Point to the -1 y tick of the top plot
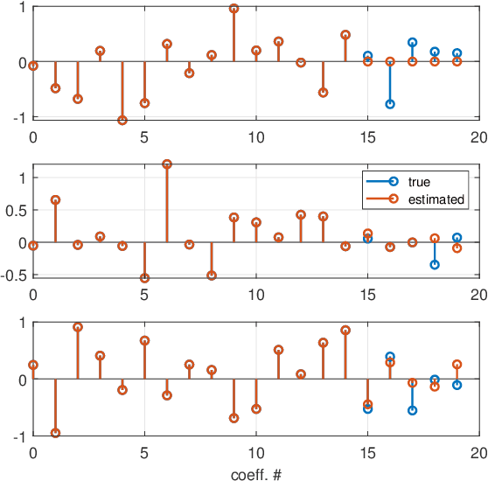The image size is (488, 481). coord(19,118)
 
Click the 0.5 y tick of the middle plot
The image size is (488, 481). coord(17,210)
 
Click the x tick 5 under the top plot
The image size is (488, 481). coord(144,136)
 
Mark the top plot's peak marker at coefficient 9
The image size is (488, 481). coord(234,9)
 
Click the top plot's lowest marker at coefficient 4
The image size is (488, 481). coord(122,120)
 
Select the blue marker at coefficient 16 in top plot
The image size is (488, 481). coord(390,104)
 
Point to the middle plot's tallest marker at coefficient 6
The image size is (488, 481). coord(167,164)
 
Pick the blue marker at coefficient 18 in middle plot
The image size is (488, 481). coord(435,264)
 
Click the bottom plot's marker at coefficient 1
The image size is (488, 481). coord(56,433)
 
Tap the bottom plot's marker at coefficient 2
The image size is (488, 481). coord(78,327)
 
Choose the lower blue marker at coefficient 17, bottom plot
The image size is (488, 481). coord(412,410)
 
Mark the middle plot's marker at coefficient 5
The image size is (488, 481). coord(144,278)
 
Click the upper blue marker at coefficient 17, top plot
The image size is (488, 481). coord(412,42)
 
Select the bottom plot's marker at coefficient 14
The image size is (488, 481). coord(345,331)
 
